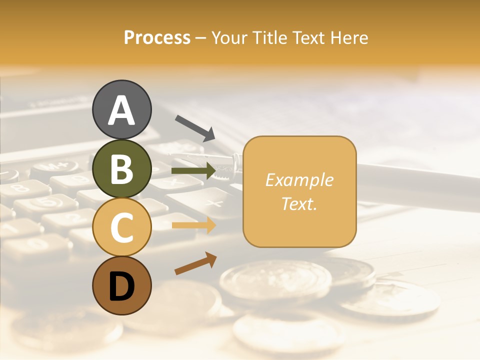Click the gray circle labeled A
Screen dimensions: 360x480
(x=121, y=109)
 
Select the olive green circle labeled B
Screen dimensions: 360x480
(x=121, y=168)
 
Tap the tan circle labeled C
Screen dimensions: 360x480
(x=121, y=227)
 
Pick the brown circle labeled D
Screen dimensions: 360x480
(x=121, y=285)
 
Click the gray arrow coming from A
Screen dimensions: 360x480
(x=195, y=128)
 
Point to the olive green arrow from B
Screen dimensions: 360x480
(x=193, y=171)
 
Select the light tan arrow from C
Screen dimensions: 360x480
(x=193, y=225)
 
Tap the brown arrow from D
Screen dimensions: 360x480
(x=195, y=263)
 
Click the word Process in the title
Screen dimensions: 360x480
(x=157, y=37)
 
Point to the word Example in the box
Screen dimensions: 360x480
(x=299, y=180)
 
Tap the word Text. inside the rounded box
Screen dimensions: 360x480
(x=299, y=203)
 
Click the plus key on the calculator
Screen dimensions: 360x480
(x=214, y=203)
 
